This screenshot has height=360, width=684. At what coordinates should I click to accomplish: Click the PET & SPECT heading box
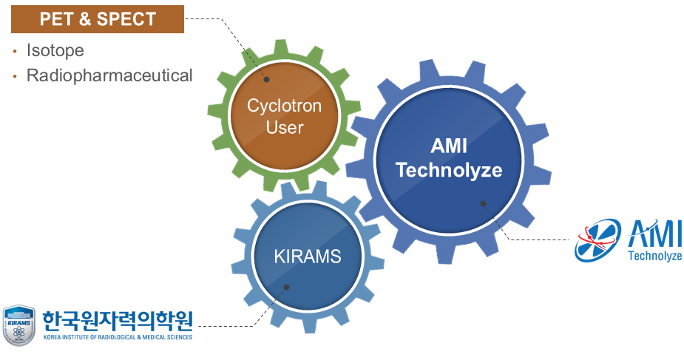(x=98, y=18)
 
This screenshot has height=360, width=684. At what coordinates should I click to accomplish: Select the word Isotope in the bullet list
(x=55, y=51)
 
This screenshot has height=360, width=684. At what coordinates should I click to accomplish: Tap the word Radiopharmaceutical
(x=109, y=75)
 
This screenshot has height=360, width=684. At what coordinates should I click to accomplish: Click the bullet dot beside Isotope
(x=15, y=52)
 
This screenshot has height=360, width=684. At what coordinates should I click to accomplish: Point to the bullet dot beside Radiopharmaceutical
(x=15, y=75)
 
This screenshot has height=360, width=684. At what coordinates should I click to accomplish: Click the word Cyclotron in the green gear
(x=285, y=106)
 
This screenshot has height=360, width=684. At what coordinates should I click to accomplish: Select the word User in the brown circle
(x=285, y=127)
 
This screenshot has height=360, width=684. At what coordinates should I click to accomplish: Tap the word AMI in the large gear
(x=449, y=146)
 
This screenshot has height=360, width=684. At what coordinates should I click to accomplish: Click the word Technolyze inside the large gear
(x=449, y=170)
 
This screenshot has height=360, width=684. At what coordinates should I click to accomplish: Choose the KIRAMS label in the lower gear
(x=308, y=257)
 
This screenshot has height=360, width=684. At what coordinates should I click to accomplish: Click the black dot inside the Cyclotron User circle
(x=267, y=79)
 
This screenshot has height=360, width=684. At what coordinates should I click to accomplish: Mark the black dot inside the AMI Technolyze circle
(x=483, y=203)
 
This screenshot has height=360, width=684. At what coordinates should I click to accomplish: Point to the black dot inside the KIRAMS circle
(x=286, y=287)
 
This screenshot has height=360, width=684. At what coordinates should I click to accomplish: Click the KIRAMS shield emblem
(x=18, y=325)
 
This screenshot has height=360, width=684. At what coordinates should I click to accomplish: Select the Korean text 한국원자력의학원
(x=118, y=320)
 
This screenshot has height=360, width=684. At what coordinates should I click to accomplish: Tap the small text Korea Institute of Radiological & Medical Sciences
(x=118, y=337)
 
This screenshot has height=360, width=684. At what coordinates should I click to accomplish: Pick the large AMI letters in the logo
(x=654, y=235)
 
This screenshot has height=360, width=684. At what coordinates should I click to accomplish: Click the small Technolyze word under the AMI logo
(x=654, y=257)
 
